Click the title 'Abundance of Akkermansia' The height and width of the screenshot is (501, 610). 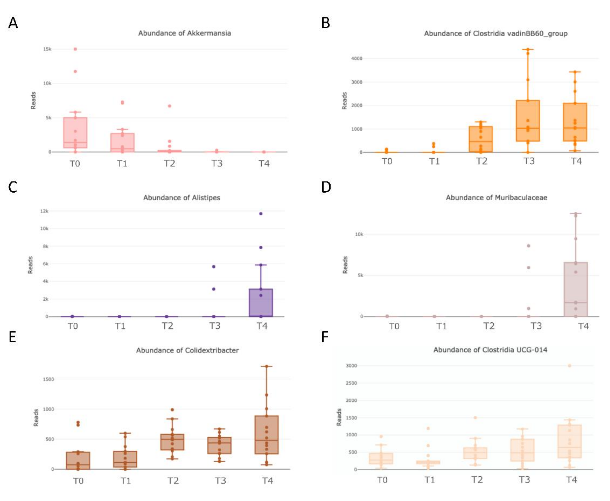pyautogui.click(x=184, y=33)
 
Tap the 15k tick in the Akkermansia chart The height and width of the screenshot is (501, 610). pyautogui.click(x=47, y=49)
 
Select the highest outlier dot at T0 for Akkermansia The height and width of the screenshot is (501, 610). pyautogui.click(x=75, y=49)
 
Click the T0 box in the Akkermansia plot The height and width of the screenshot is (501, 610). pyautogui.click(x=75, y=133)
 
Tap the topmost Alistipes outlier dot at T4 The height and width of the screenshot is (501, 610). pyautogui.click(x=261, y=214)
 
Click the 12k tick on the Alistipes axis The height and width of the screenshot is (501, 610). pyautogui.click(x=44, y=211)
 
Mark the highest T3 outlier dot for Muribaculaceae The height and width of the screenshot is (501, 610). pyautogui.click(x=528, y=246)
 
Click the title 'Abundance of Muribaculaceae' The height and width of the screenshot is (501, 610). pyautogui.click(x=496, y=198)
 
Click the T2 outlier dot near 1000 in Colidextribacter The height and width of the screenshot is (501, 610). pyautogui.click(x=172, y=409)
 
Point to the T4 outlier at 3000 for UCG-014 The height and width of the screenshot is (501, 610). pyautogui.click(x=570, y=366)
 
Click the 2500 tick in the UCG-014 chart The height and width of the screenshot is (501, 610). pyautogui.click(x=351, y=383)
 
